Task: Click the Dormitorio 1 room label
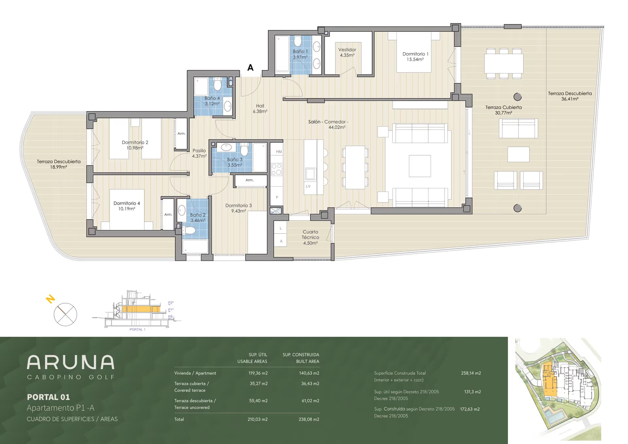click(415, 57)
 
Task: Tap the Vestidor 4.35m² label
click(347, 52)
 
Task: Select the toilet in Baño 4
click(218, 85)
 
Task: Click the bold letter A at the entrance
click(251, 68)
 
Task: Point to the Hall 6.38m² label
click(260, 109)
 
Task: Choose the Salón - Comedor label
click(328, 124)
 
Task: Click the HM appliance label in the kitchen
click(279, 152)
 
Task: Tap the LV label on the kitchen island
click(308, 186)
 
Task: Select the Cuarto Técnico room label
click(310, 237)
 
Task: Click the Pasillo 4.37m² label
click(199, 153)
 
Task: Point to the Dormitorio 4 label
click(127, 206)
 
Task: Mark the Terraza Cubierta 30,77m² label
click(504, 110)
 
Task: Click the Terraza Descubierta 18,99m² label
click(59, 164)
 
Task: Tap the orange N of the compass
click(50, 299)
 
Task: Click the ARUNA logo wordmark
click(71, 362)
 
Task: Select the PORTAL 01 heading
click(48, 397)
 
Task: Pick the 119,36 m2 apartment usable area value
click(258, 373)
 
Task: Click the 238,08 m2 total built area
click(309, 419)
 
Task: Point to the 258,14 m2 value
click(471, 373)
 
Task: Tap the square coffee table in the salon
click(420, 166)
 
